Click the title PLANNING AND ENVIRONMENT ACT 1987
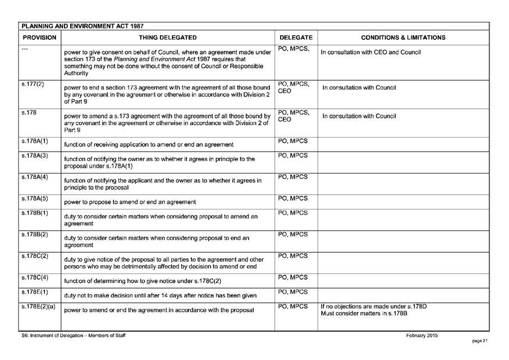(x=82, y=26)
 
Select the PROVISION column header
(x=39, y=38)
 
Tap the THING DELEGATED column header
(x=168, y=38)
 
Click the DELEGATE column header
(x=296, y=38)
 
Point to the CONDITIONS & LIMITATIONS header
(x=403, y=38)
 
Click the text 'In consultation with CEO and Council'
(x=370, y=53)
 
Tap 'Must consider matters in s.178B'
(x=364, y=313)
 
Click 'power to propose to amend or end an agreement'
(x=130, y=202)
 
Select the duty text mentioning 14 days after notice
(x=161, y=295)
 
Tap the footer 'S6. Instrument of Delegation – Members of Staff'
(x=73, y=336)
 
